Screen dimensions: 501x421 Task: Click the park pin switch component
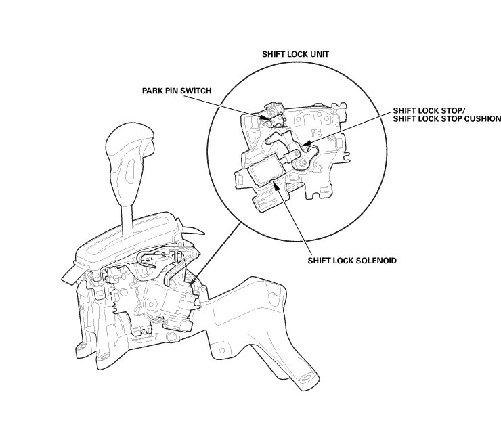click(274, 111)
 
